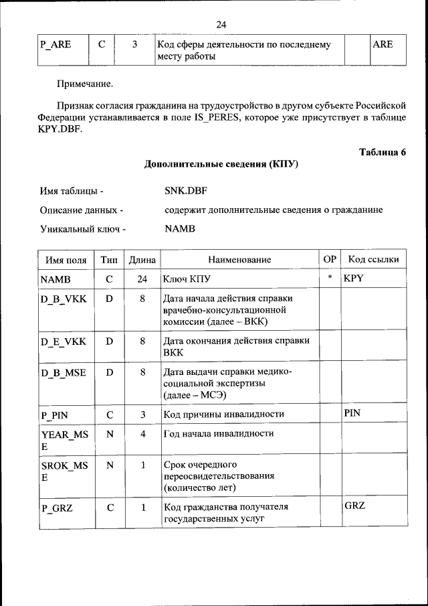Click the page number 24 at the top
tap(221, 25)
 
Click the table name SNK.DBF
tap(187, 191)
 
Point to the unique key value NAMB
tap(180, 228)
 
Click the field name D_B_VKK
tap(64, 299)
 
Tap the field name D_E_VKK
tap(64, 342)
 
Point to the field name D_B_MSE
tap(64, 372)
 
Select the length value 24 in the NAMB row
tap(142, 278)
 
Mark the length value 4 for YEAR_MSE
tap(142, 434)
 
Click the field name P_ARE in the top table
tap(56, 45)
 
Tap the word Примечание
tap(85, 84)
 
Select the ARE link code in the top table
tap(383, 45)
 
